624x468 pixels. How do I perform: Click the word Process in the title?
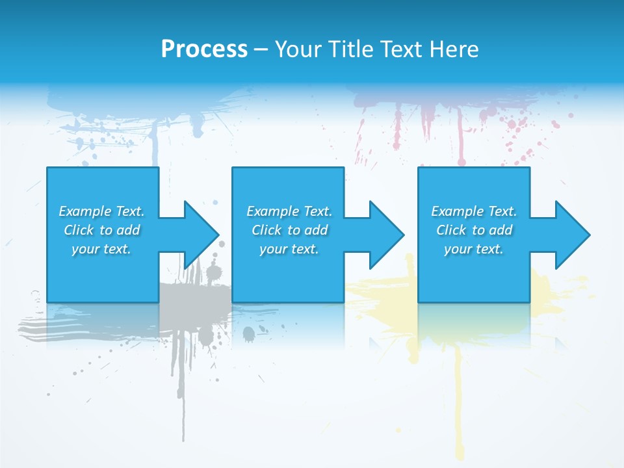click(x=204, y=49)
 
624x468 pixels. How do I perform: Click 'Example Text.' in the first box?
click(x=101, y=211)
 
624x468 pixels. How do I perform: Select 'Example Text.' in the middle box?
click(x=289, y=211)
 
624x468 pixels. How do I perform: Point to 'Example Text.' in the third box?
click(x=474, y=211)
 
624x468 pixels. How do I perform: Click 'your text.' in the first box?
click(x=101, y=249)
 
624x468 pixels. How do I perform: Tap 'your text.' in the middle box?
click(x=289, y=249)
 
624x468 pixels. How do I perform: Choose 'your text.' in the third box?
click(x=474, y=249)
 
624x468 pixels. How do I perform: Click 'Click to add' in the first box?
click(x=101, y=230)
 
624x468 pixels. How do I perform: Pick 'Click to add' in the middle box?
click(x=289, y=230)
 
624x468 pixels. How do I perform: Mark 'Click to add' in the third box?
click(x=474, y=230)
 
